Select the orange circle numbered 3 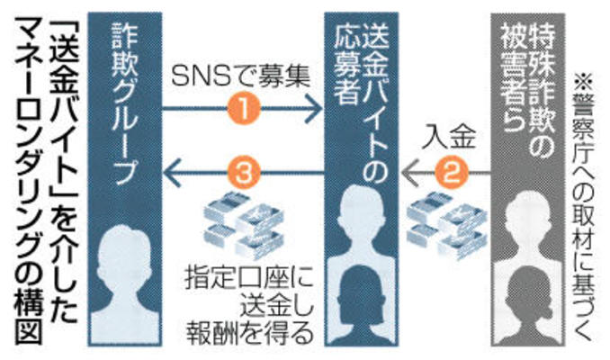246,168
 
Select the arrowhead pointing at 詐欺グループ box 172,168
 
